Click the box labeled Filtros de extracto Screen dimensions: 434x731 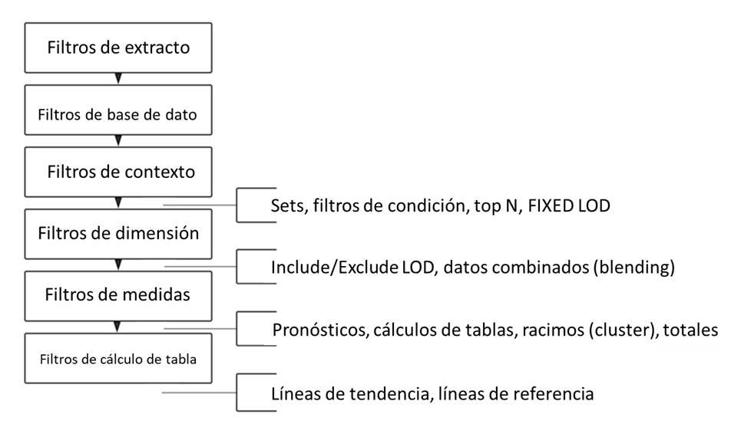(117, 48)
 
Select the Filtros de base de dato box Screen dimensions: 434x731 (117, 115)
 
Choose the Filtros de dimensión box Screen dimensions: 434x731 (117, 232)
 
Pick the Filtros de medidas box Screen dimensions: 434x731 (117, 294)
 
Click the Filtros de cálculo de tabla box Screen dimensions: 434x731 (117, 357)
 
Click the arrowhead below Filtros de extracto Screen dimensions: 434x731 (117, 78)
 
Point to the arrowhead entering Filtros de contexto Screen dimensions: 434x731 (117, 140)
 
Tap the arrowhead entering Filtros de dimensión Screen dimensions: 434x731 (117, 202)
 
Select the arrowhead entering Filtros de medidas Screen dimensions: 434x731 (117, 265)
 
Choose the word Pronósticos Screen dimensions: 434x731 (318, 330)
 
